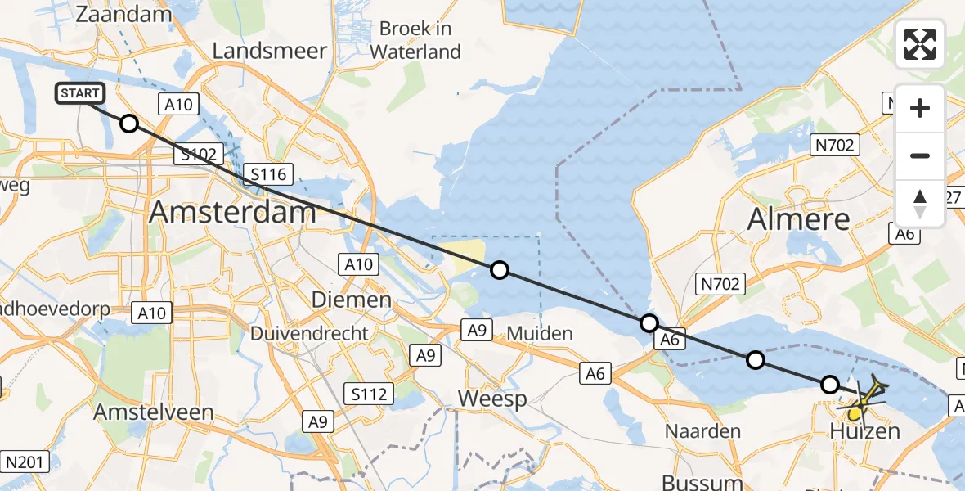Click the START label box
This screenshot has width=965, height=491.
point(80,93)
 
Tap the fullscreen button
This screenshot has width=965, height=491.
point(920,44)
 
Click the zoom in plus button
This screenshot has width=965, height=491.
point(920,108)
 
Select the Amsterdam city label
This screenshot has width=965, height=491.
point(233,213)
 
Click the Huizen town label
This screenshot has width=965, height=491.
point(865,431)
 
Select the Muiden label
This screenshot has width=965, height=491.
point(540,333)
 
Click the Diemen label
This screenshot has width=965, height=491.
point(352,300)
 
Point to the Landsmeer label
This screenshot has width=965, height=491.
point(269,51)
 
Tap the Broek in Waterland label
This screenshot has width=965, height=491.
point(415,40)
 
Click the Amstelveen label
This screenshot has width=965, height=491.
point(154,412)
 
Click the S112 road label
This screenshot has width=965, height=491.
point(365,394)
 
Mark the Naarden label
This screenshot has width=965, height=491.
point(702,430)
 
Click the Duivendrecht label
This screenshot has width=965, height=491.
point(309,334)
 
